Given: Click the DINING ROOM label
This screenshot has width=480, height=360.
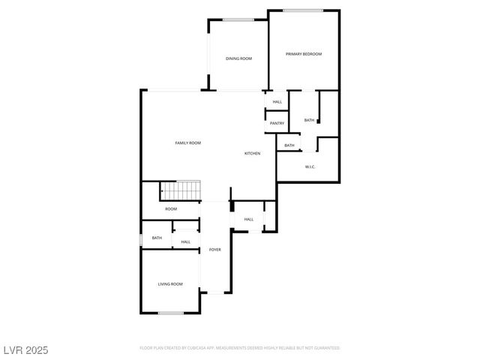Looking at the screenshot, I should tap(238, 58).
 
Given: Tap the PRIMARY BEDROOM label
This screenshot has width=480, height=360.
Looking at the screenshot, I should tap(304, 54).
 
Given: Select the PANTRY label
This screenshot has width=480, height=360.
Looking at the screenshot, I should tap(277, 123).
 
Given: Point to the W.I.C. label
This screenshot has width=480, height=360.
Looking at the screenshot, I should tap(310, 166).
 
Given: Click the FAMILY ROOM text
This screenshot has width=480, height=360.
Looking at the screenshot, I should tap(187, 142).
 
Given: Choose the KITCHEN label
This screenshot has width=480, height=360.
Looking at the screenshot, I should tap(252, 154).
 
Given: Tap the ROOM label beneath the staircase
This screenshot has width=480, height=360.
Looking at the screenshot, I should tap(171, 208).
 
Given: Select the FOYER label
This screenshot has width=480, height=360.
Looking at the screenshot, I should tap(214, 249).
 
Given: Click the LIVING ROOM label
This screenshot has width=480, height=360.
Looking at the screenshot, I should tap(170, 284).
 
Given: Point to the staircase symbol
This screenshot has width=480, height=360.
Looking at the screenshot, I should tap(181, 191).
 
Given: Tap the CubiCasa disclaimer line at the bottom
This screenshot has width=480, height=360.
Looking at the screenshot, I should tap(240, 348).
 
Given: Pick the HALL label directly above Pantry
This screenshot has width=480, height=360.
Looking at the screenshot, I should tap(277, 102).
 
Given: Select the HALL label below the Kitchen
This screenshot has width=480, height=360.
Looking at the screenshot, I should tap(248, 220).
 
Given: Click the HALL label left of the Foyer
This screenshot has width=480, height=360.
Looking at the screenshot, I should tap(185, 241).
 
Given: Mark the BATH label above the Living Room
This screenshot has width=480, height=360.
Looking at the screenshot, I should tap(157, 238).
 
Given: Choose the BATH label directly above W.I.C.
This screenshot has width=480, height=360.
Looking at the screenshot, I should tap(289, 145).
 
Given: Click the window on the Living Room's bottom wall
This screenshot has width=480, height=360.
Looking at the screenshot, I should tap(171, 312).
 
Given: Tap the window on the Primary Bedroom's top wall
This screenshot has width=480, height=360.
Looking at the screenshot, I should tap(303, 10).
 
